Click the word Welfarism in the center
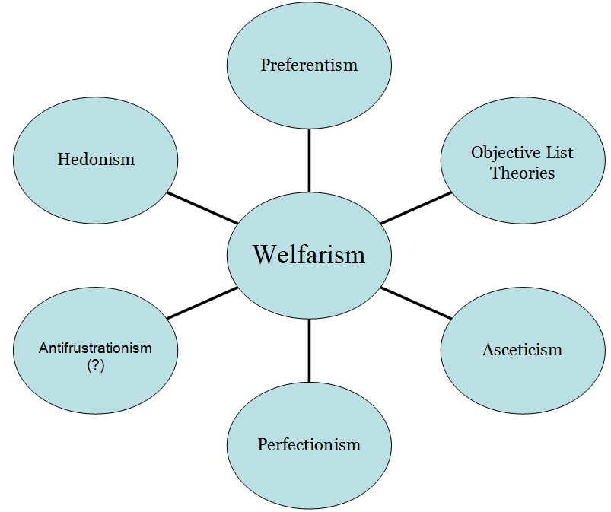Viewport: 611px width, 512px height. pyautogui.click(x=309, y=254)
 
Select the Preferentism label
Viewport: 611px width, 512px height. pyautogui.click(x=309, y=65)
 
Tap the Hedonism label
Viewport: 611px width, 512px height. pyautogui.click(x=96, y=159)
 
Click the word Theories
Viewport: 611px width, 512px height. pyautogui.click(x=523, y=173)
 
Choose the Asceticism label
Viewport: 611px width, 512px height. pyautogui.click(x=522, y=349)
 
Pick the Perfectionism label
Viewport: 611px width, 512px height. pyautogui.click(x=309, y=444)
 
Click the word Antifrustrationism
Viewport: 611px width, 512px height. pyautogui.click(x=96, y=348)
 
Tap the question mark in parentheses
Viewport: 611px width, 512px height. pyautogui.click(x=96, y=364)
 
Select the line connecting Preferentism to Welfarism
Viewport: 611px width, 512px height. pyautogui.click(x=309, y=161)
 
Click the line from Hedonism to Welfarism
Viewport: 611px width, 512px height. pyautogui.click(x=202, y=207)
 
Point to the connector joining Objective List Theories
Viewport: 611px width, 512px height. pyautogui.click(x=416, y=207)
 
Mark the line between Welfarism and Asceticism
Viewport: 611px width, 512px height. pyautogui.click(x=416, y=302)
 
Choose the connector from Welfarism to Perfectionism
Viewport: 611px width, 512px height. pyautogui.click(x=309, y=349)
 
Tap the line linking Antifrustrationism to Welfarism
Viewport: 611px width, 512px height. pyautogui.click(x=202, y=302)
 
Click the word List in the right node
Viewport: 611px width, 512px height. pyautogui.click(x=559, y=152)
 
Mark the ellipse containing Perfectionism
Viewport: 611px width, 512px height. pyautogui.click(x=309, y=479)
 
